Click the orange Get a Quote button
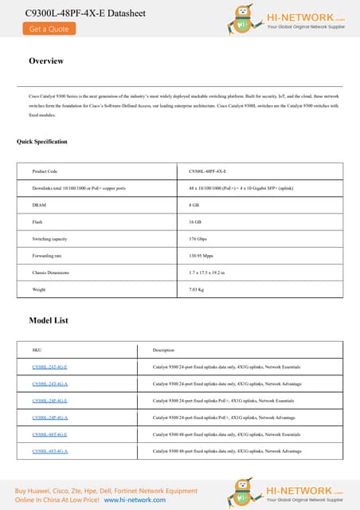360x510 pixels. [47, 28]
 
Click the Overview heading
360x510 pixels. [46, 61]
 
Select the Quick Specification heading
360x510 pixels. [42, 142]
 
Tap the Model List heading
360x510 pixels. [49, 320]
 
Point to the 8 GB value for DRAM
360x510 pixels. [194, 205]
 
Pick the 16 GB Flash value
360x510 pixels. [195, 222]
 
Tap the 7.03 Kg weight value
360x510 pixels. [196, 289]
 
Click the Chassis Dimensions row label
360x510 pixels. [50, 273]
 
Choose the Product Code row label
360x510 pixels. [45, 171]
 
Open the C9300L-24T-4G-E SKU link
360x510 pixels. [49, 367]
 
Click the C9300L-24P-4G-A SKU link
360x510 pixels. [49, 418]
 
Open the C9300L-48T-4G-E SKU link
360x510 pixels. [49, 434]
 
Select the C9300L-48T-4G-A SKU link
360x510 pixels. [49, 451]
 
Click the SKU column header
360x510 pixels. [37, 350]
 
